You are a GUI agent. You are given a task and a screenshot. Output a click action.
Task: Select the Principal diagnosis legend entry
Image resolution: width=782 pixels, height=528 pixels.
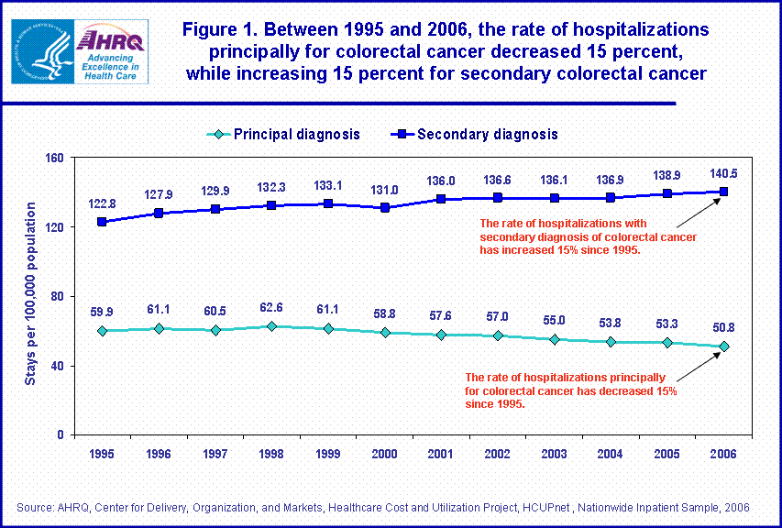(x=284, y=134)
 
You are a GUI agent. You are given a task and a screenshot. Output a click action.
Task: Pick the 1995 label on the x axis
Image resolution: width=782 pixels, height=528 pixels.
(x=101, y=454)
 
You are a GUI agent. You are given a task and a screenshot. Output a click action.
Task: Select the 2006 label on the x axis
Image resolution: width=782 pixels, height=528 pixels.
(x=723, y=454)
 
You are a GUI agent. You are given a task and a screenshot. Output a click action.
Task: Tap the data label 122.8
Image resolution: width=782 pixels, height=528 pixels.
(x=102, y=203)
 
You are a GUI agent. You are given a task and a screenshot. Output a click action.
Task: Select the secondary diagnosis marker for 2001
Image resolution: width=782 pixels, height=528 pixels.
(x=441, y=199)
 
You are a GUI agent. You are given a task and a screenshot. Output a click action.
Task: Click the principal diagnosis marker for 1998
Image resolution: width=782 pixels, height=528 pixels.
(x=272, y=326)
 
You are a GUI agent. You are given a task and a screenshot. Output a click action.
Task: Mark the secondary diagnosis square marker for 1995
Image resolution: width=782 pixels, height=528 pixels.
(x=102, y=222)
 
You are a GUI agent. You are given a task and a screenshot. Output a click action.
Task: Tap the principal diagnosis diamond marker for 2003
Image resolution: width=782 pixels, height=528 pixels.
(x=554, y=339)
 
